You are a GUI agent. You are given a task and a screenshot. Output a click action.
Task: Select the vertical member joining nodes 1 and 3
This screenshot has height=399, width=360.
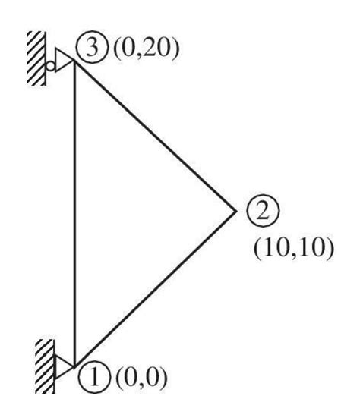pos(75,212)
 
